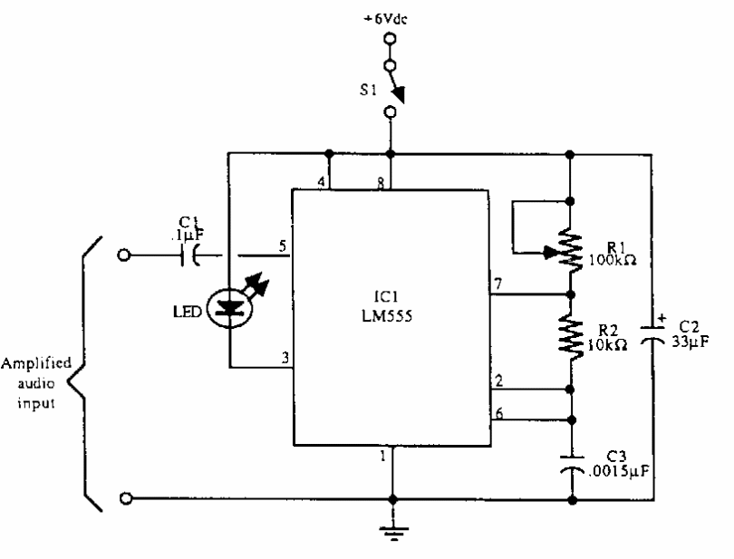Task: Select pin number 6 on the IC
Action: (497, 411)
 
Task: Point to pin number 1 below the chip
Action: (384, 456)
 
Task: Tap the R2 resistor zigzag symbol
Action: (572, 334)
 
